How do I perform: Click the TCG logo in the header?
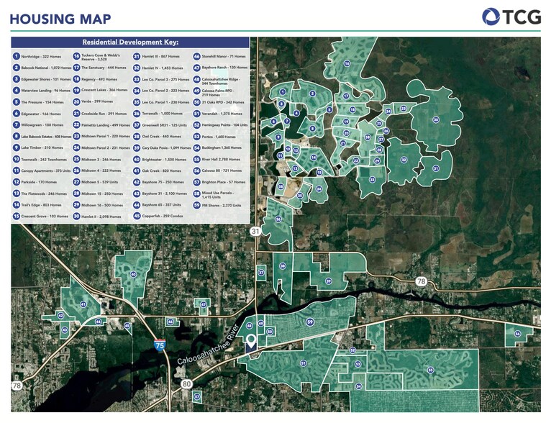click(511, 17)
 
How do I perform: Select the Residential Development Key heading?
click(130, 42)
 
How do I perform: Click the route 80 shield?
click(186, 384)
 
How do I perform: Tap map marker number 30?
click(435, 120)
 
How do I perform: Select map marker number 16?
click(347, 64)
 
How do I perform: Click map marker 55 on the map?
click(430, 370)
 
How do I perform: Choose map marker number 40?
click(133, 274)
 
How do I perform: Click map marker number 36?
click(278, 219)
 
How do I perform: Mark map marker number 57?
click(196, 396)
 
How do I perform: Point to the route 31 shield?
click(255, 231)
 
